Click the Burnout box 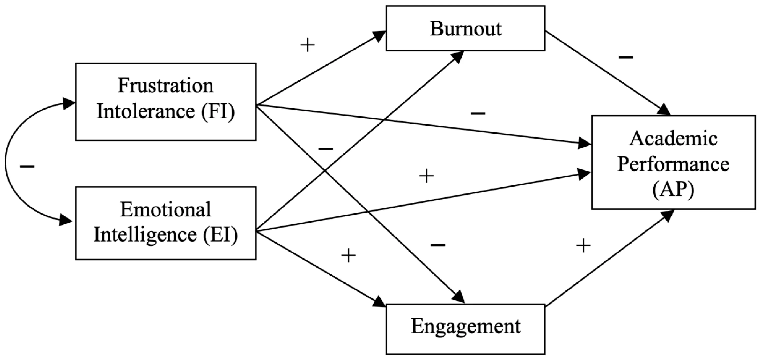point(465,29)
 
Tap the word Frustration point(165,86)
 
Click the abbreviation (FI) point(218,112)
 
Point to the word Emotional point(165,209)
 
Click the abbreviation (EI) point(220,235)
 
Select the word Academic point(673,139)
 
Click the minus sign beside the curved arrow point(27,167)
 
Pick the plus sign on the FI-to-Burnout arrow point(308,45)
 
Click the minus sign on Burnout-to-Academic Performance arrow point(625,57)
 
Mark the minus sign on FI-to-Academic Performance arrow point(478,113)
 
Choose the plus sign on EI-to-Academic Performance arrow point(426,176)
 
